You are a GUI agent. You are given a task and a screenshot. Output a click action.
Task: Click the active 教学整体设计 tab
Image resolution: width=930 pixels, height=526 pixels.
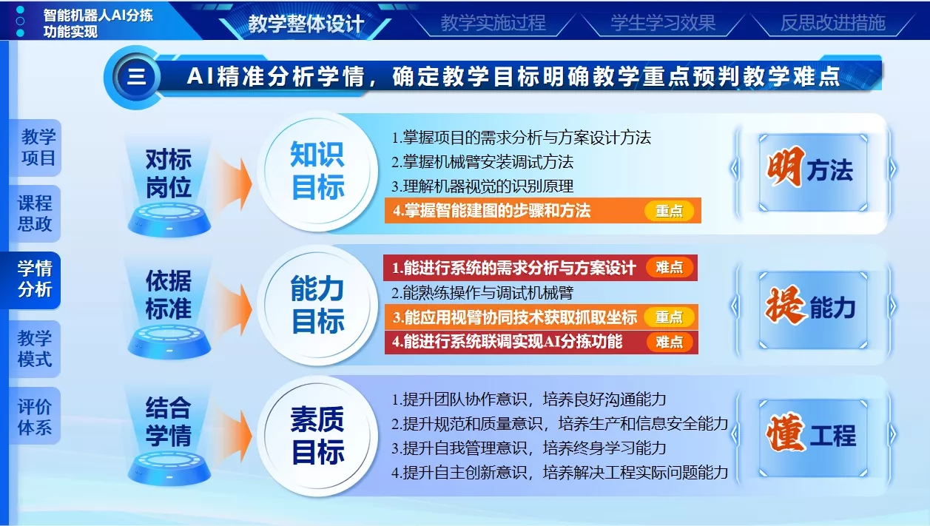(x=306, y=24)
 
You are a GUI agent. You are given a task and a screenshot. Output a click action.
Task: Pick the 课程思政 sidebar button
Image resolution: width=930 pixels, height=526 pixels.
(x=36, y=213)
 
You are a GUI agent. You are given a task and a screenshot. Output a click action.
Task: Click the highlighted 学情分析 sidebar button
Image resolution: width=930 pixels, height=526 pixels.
(x=34, y=280)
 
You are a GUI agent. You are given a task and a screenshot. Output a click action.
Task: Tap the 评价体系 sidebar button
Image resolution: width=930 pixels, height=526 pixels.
(x=36, y=416)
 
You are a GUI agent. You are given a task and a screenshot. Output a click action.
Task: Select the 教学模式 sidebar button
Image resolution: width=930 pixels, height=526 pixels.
(x=36, y=348)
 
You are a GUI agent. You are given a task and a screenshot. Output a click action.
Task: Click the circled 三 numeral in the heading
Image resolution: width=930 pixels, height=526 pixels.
(x=136, y=77)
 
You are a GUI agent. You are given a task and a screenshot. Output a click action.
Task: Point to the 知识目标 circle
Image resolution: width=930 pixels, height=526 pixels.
(x=317, y=171)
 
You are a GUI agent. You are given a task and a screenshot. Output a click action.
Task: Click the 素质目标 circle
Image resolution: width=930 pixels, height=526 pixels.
(x=317, y=436)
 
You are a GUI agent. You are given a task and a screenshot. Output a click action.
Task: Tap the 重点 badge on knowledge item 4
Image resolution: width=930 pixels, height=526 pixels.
(x=669, y=211)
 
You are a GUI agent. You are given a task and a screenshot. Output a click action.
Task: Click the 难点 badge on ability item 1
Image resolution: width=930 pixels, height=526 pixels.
(x=670, y=267)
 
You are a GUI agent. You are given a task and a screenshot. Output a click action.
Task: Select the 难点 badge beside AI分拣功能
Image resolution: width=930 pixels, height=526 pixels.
(x=670, y=342)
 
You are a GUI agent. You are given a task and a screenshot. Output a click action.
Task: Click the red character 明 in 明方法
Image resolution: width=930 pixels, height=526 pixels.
(x=784, y=167)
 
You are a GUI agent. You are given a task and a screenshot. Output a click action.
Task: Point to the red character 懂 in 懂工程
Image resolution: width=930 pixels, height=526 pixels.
(x=784, y=432)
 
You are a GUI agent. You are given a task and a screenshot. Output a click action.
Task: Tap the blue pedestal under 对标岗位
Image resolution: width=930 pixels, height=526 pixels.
(x=169, y=220)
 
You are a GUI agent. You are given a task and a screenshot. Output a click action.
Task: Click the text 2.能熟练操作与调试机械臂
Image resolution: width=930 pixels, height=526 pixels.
(x=482, y=293)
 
